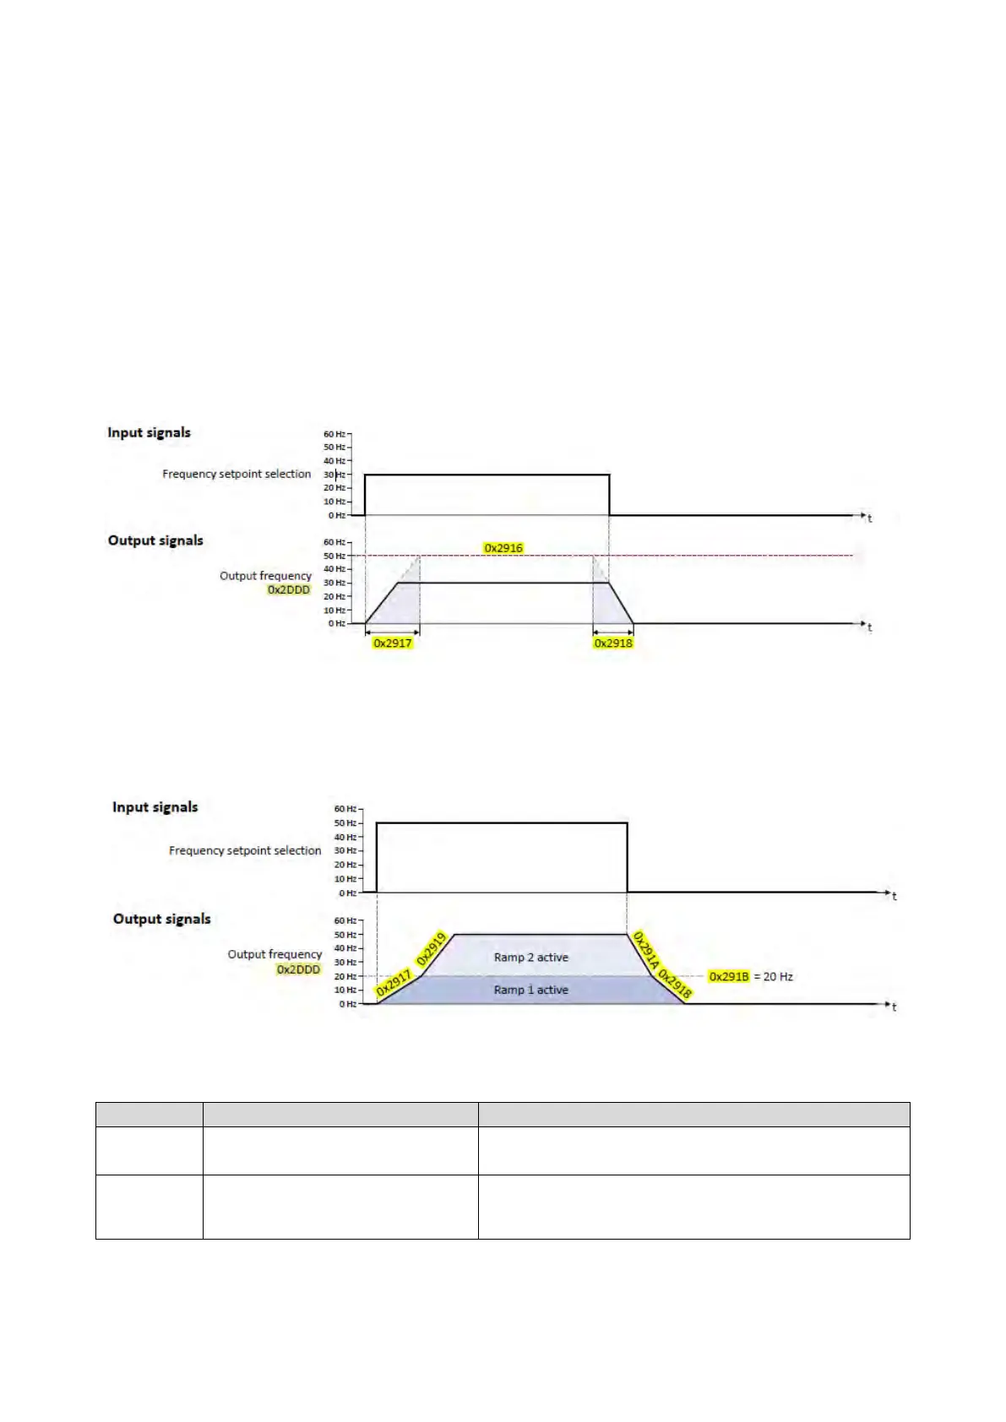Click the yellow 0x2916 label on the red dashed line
(x=503, y=548)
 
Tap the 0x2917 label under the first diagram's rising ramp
(x=392, y=643)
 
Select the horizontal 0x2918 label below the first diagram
(x=613, y=643)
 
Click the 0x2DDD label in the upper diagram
(x=289, y=590)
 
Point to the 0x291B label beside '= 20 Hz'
(x=729, y=977)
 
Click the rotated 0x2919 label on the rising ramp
(x=431, y=949)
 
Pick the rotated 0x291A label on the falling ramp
(x=646, y=950)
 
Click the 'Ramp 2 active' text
(x=530, y=958)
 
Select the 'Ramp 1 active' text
(x=530, y=991)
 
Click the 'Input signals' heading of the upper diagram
(x=149, y=433)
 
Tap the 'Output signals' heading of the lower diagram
(x=161, y=920)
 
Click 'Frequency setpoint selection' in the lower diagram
(x=245, y=851)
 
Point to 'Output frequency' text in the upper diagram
(x=265, y=576)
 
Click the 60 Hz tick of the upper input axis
(x=334, y=434)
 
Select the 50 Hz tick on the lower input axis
(x=345, y=823)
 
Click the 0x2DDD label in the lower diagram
(x=299, y=970)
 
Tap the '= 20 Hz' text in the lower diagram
(x=773, y=977)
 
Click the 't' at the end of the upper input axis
(x=869, y=518)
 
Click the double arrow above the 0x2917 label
(x=392, y=631)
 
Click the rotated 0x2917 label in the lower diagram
(x=394, y=984)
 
